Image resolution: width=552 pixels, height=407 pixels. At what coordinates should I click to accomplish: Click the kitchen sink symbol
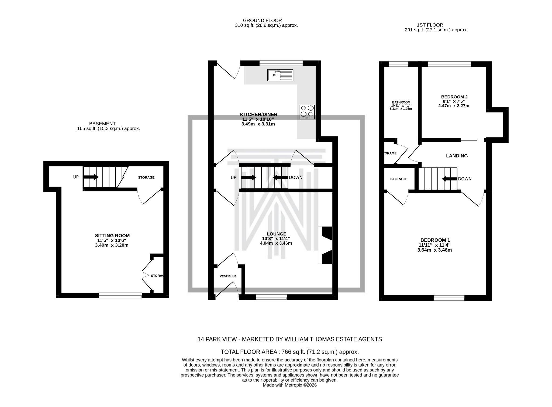tap(280, 75)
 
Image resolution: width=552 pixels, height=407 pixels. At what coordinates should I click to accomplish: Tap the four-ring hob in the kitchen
tap(307, 112)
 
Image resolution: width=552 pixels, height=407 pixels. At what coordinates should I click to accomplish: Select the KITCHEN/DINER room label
tap(258, 114)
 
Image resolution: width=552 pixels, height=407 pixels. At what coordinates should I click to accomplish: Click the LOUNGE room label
tap(277, 234)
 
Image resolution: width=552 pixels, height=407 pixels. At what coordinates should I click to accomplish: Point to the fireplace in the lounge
tap(326, 245)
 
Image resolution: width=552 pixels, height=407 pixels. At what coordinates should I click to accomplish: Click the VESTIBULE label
tap(228, 276)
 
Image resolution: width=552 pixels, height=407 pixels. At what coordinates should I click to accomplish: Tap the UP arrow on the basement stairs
tap(91, 177)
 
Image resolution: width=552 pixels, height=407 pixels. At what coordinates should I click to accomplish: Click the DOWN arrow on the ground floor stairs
tap(280, 177)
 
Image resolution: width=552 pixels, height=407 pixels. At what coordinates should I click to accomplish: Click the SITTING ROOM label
tap(112, 235)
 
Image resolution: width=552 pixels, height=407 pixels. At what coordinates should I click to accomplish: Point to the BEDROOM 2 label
tap(454, 97)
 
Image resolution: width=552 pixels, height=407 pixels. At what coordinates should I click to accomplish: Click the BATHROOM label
tap(401, 102)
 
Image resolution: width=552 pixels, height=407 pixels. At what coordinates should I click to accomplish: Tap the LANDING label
tap(457, 156)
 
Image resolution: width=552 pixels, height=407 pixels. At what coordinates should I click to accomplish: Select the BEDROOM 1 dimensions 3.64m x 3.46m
tap(434, 250)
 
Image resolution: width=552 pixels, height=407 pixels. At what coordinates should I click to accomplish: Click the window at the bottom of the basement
tap(120, 296)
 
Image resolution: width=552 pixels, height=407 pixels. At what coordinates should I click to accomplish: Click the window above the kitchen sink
tap(281, 63)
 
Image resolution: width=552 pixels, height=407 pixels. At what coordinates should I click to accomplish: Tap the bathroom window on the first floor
tap(398, 64)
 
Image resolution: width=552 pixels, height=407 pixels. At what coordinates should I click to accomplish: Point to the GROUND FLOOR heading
tap(262, 20)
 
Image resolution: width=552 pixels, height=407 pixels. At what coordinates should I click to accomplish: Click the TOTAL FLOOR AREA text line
tap(289, 352)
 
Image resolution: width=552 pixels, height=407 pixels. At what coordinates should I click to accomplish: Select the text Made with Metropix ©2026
tap(289, 385)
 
